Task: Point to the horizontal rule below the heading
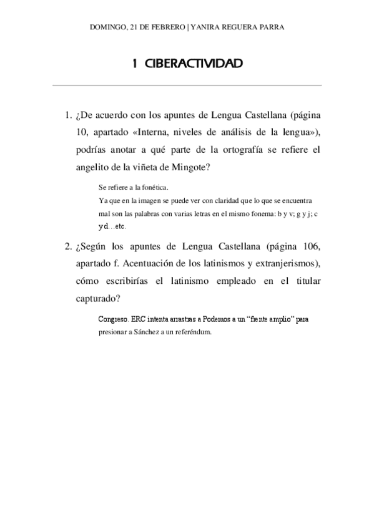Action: click(x=187, y=85)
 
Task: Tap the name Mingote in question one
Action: click(x=197, y=167)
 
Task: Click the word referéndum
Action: click(x=194, y=332)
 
